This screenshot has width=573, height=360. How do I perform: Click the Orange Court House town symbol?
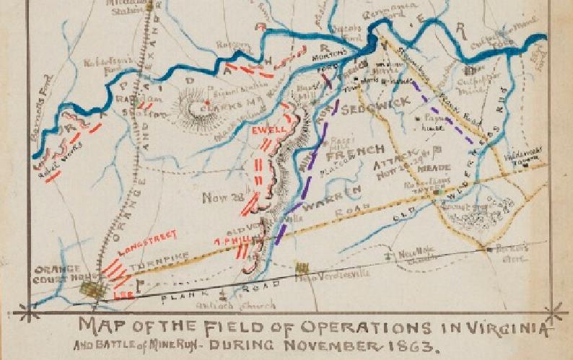click(92, 290)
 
